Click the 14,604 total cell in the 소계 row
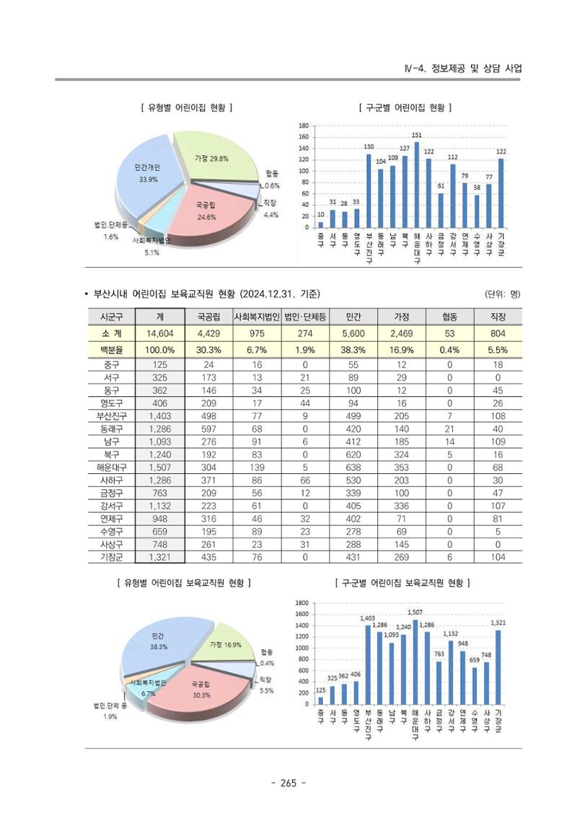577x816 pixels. tap(159, 333)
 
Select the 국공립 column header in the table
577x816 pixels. tap(208, 317)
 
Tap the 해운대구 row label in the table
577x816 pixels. tap(111, 468)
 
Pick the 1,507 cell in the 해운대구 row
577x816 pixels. tap(159, 468)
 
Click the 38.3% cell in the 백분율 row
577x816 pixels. tap(353, 350)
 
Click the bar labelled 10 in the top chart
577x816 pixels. tap(320, 225)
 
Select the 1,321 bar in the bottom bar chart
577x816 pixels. tap(498, 667)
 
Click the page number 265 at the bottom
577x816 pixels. tap(288, 783)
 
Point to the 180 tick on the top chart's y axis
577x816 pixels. tap(304, 126)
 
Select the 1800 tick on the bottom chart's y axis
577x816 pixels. tap(301, 602)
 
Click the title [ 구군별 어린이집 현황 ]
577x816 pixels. tap(405, 108)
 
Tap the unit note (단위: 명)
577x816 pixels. tap(503, 294)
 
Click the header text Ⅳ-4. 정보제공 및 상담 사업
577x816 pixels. tap(463, 69)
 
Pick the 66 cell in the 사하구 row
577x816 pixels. tap(305, 481)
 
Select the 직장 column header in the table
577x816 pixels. tap(498, 317)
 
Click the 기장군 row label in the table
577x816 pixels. tap(111, 558)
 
